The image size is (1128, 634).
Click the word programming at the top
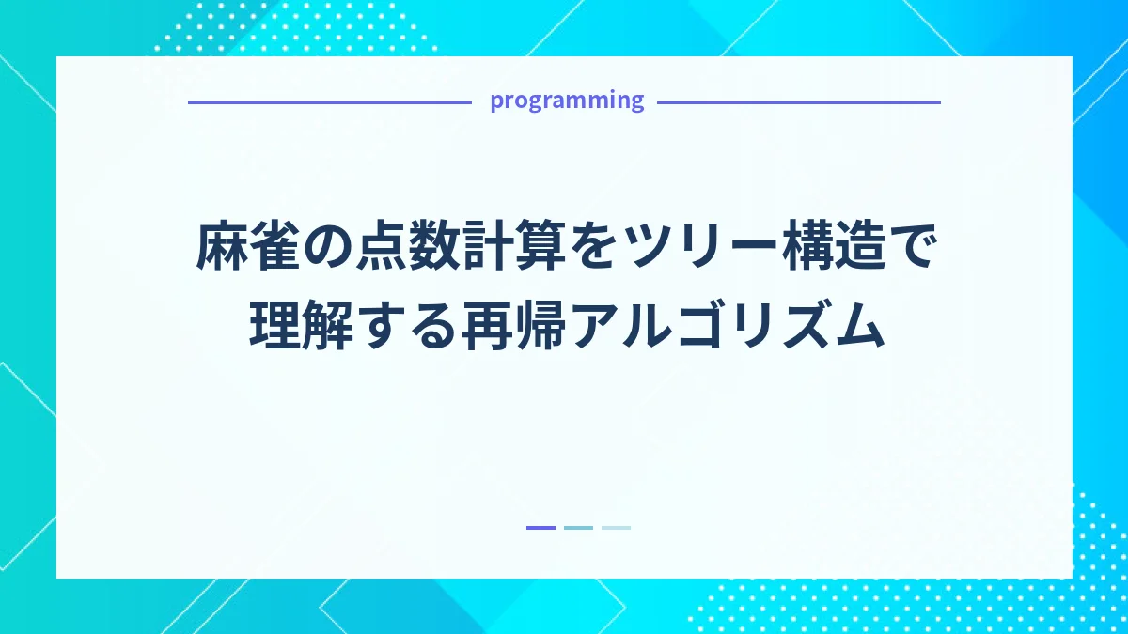567,101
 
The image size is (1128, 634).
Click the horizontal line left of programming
329,102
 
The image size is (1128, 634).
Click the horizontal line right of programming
798,102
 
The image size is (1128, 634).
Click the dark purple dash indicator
540,528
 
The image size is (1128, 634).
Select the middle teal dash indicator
578,528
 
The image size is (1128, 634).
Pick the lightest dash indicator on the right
616,528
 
